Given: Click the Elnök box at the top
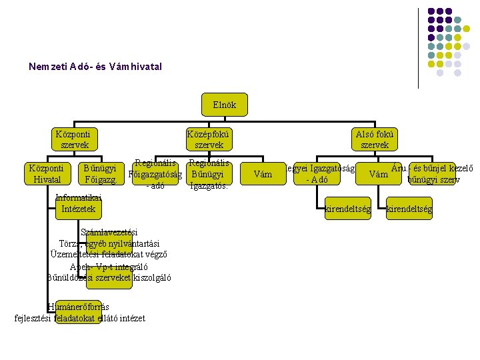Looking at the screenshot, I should click(224, 105).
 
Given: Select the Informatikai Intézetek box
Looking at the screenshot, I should click(78, 203).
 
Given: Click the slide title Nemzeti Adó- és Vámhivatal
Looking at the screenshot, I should click(95, 67).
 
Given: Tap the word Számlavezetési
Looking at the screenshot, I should click(109, 232).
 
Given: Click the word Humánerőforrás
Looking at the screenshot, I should click(79, 307).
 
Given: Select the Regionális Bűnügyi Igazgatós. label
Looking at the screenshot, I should click(208, 174).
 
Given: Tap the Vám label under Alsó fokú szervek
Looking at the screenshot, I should click(379, 175).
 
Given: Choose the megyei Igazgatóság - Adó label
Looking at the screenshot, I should click(317, 174).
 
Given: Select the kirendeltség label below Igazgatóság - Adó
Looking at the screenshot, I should click(347, 209).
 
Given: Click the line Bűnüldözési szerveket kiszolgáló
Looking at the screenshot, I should click(109, 278).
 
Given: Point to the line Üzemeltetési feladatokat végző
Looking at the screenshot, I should click(109, 255).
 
